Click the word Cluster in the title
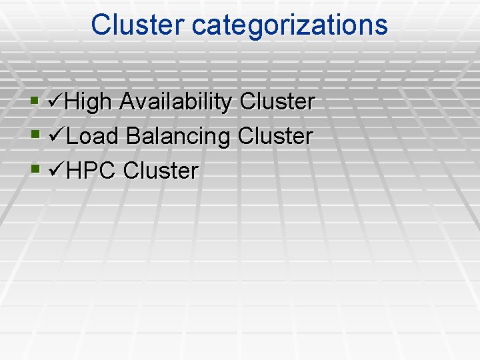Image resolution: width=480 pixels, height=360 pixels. coord(138,25)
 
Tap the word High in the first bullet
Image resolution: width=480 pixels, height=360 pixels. coord(90,102)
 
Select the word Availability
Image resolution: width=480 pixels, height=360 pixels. coord(176,102)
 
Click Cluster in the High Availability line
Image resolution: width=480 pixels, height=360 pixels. coord(277,102)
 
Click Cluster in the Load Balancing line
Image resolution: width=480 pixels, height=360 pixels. coord(275,137)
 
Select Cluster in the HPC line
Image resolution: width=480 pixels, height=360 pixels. coord(161,171)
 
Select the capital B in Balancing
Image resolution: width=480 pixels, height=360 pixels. coord(133,137)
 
